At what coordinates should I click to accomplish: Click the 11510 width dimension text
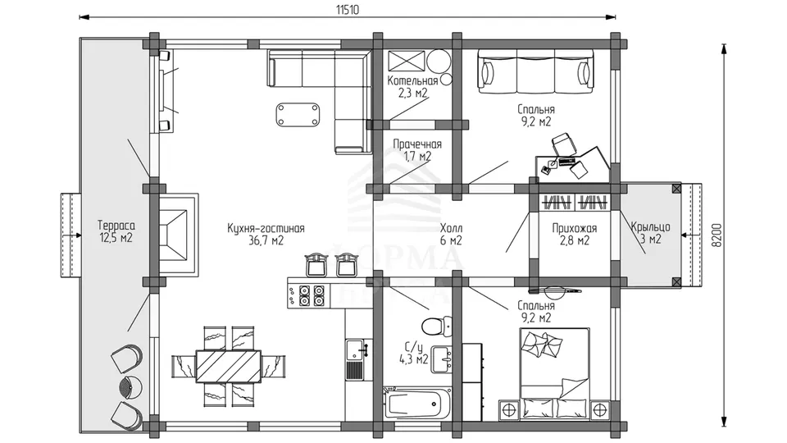pyautogui.click(x=348, y=10)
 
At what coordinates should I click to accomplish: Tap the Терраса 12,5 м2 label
pyautogui.click(x=116, y=231)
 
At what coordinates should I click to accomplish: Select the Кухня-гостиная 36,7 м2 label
pyautogui.click(x=266, y=235)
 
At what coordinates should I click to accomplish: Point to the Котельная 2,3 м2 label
pyautogui.click(x=412, y=86)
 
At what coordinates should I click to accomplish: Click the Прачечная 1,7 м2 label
pyautogui.click(x=417, y=150)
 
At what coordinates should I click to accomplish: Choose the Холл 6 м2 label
pyautogui.click(x=451, y=235)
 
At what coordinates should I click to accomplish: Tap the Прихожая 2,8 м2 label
pyautogui.click(x=575, y=235)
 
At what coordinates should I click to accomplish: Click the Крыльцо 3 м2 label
pyautogui.click(x=650, y=232)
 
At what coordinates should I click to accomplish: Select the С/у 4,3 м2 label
pyautogui.click(x=413, y=353)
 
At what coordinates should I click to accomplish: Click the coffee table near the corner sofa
pyautogui.click(x=297, y=115)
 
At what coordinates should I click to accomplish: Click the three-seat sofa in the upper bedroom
pyautogui.click(x=535, y=71)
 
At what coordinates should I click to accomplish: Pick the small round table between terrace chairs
pyautogui.click(x=131, y=387)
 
